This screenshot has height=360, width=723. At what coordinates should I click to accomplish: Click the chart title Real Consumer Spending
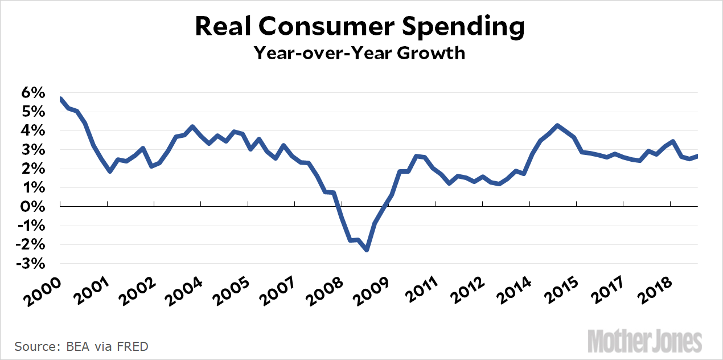coord(360,27)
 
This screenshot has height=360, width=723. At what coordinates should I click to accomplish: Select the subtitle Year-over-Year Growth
coord(360,53)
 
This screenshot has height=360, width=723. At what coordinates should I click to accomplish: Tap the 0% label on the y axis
coord(34,207)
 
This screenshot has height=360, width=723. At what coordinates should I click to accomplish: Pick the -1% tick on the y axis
coord(32,226)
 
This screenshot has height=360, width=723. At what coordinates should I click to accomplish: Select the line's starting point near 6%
coord(60,99)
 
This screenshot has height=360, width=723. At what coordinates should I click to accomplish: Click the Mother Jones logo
coord(644,341)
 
